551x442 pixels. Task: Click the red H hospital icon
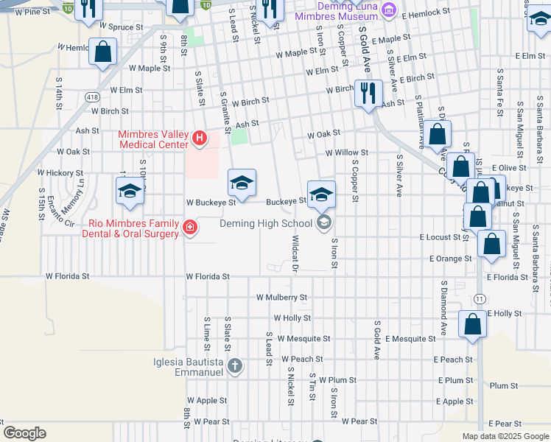(198, 138)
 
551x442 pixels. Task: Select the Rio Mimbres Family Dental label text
(133, 228)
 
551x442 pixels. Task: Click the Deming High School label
(267, 223)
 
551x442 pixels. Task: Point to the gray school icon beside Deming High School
(323, 223)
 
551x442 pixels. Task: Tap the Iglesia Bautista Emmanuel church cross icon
(234, 366)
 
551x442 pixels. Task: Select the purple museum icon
(390, 10)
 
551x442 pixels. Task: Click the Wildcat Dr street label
(294, 253)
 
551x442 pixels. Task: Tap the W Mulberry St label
(281, 298)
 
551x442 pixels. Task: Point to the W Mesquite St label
(302, 339)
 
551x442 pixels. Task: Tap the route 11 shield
(480, 298)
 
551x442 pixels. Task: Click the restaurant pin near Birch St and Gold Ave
(367, 93)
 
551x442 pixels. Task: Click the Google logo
(25, 433)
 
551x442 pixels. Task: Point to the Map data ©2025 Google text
(505, 436)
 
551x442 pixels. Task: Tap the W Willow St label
(346, 152)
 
